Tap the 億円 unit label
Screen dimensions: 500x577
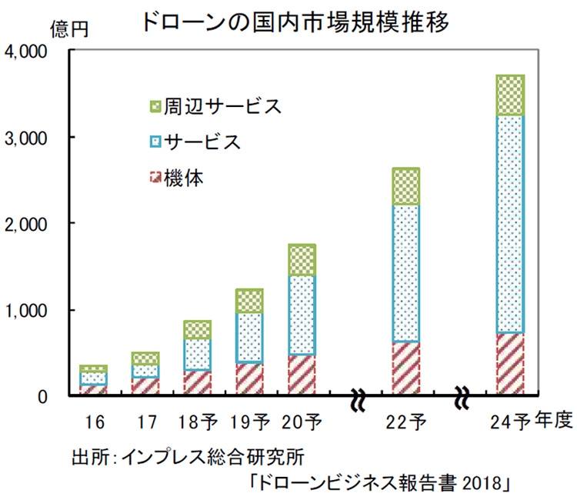point(70,29)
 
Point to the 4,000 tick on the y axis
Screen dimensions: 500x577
point(28,52)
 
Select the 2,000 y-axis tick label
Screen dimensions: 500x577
point(28,223)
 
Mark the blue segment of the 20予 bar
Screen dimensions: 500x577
point(302,315)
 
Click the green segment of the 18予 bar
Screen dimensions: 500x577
point(198,330)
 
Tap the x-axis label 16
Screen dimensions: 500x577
point(95,422)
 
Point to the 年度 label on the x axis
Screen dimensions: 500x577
point(552,421)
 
